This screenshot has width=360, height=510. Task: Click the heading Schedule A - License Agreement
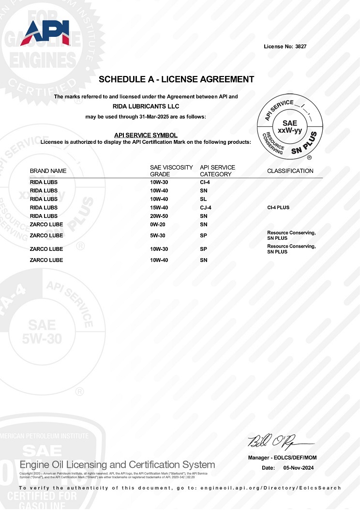pyautogui.click(x=176, y=79)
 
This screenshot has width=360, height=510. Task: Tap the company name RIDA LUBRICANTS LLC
pyautogui.click(x=146, y=106)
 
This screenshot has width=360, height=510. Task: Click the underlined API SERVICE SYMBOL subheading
pyautogui.click(x=146, y=135)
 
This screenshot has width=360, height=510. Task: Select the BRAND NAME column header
pyautogui.click(x=48, y=171)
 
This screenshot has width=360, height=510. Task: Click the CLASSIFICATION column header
pyautogui.click(x=290, y=171)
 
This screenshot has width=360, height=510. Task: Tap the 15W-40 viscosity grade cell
pyautogui.click(x=159, y=208)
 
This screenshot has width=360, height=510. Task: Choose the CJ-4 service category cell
pyautogui.click(x=206, y=208)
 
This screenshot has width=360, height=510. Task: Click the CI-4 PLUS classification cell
pyautogui.click(x=278, y=208)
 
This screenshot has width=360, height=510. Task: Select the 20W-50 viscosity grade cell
pyautogui.click(x=159, y=216)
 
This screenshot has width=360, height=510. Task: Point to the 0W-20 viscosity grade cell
pyautogui.click(x=158, y=225)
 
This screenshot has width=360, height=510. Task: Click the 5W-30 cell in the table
pyautogui.click(x=158, y=236)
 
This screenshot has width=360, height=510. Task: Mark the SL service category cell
pyautogui.click(x=203, y=199)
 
